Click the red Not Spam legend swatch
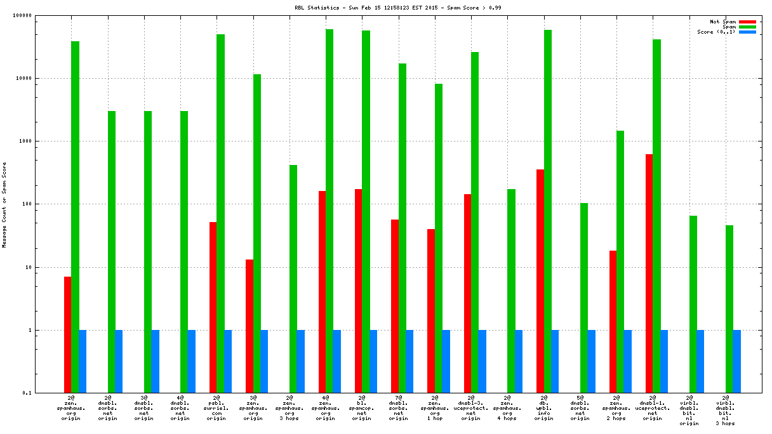[747, 22]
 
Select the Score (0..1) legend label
[716, 32]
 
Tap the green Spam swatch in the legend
[747, 27]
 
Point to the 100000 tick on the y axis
[41, 16]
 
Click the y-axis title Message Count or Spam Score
[4, 204]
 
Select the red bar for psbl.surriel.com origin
[213, 307]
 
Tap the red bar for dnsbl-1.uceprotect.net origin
[649, 273]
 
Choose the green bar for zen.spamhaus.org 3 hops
[293, 279]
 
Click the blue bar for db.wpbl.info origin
[555, 361]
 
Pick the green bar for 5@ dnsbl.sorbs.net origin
[584, 298]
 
